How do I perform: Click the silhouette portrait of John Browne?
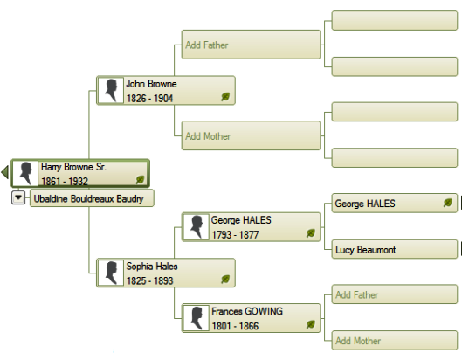(x=111, y=91)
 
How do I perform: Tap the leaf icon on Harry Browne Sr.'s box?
(x=141, y=179)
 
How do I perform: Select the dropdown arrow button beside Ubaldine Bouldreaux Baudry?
(x=18, y=197)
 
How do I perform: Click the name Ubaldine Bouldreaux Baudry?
(x=88, y=198)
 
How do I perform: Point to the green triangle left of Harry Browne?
(x=4, y=172)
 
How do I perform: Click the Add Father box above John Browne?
(x=251, y=45)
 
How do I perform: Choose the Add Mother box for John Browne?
(x=251, y=135)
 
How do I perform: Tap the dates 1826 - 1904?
(x=149, y=98)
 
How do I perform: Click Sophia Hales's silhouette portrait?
(x=111, y=273)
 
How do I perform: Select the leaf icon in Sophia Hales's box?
(x=225, y=279)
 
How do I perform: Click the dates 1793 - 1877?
(x=235, y=235)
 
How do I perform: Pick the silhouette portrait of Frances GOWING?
(x=196, y=318)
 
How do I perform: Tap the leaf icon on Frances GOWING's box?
(x=311, y=324)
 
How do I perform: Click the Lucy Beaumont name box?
(x=395, y=249)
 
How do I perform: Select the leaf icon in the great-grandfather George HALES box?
(x=447, y=203)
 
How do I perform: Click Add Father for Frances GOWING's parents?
(x=395, y=294)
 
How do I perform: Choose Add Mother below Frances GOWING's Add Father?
(x=395, y=341)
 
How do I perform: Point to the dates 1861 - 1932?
(x=65, y=181)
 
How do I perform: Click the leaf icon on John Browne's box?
(x=225, y=97)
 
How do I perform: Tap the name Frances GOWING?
(x=247, y=311)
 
